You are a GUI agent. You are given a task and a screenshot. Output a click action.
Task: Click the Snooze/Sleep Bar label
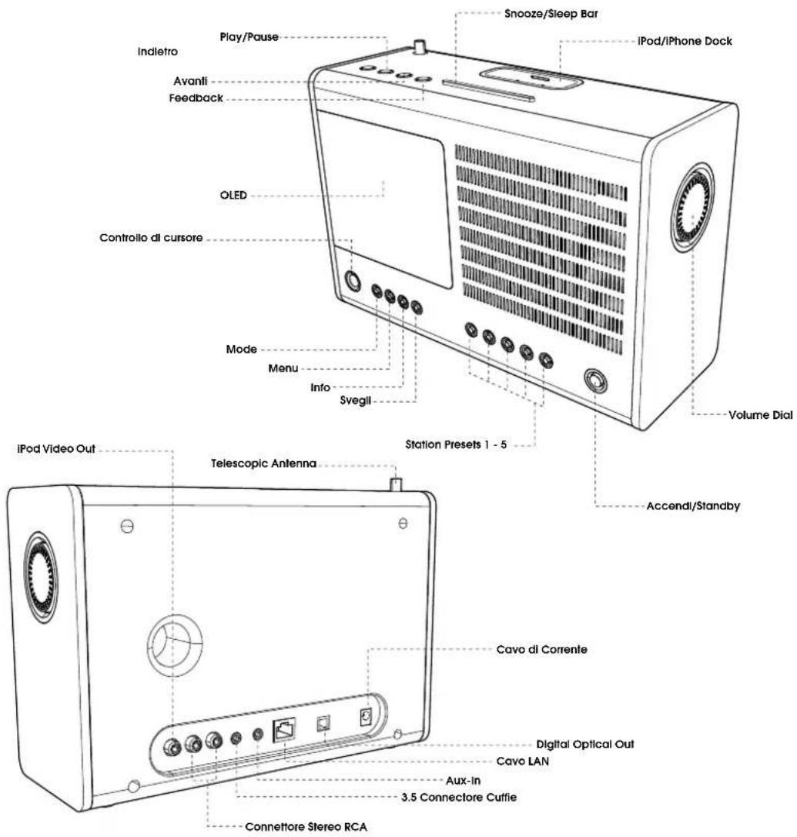(551, 14)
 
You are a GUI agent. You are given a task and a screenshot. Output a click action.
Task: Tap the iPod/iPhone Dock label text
(685, 41)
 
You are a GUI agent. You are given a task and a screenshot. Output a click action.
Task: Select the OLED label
(233, 196)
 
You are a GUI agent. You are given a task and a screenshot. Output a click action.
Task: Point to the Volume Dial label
(761, 415)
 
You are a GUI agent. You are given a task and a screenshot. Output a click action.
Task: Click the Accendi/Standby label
(693, 505)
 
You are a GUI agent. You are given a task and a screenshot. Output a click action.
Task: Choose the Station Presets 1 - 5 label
(456, 444)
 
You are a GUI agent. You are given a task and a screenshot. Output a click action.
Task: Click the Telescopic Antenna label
(263, 464)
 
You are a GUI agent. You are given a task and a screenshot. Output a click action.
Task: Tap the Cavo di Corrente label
(542, 650)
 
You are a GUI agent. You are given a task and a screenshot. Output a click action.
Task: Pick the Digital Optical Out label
(585, 744)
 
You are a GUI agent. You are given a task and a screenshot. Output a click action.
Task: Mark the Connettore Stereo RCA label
(306, 827)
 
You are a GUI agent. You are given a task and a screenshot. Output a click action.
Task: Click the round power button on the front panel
(595, 382)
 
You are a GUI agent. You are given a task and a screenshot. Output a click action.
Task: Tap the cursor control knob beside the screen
(353, 281)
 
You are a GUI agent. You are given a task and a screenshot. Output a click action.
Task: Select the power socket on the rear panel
(367, 717)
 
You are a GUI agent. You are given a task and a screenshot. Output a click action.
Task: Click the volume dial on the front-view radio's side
(692, 207)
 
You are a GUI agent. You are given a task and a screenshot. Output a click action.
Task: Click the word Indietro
(158, 52)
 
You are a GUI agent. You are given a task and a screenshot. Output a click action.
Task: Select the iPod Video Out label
(56, 449)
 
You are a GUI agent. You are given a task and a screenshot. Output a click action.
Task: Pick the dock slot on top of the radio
(530, 79)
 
